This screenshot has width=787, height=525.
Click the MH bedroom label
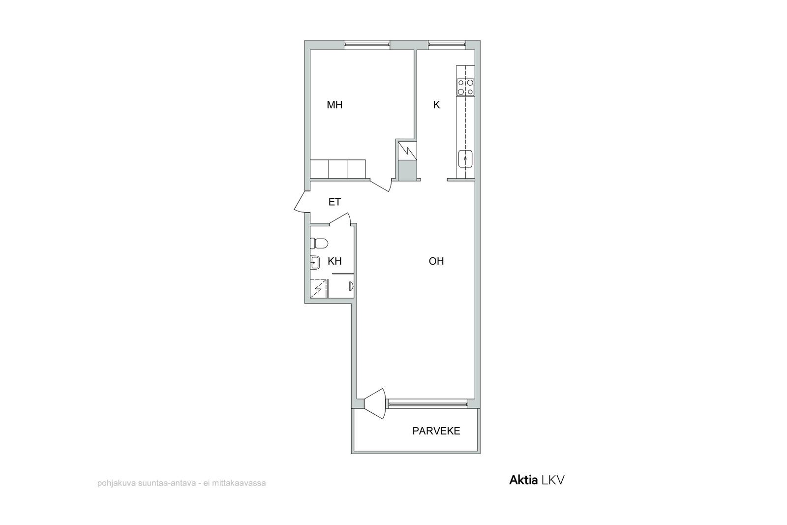[334, 105]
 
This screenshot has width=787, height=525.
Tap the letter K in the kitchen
[436, 105]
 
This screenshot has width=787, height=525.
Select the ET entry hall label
[334, 202]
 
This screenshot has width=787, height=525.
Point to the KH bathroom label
[334, 261]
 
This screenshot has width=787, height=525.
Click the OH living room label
[436, 261]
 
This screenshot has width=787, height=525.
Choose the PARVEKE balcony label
[436, 431]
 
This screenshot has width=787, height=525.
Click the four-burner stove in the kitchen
[465, 87]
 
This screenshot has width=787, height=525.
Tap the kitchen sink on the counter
[465, 159]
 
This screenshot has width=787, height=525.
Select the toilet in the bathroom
[319, 243]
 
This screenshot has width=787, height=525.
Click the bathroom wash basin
[315, 262]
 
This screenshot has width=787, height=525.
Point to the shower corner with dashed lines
[319, 289]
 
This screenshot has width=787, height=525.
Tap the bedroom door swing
[381, 185]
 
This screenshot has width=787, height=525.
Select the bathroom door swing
[340, 218]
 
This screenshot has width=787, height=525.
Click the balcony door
[375, 404]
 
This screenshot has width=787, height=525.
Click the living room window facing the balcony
[427, 403]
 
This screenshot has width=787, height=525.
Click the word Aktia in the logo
[523, 480]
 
